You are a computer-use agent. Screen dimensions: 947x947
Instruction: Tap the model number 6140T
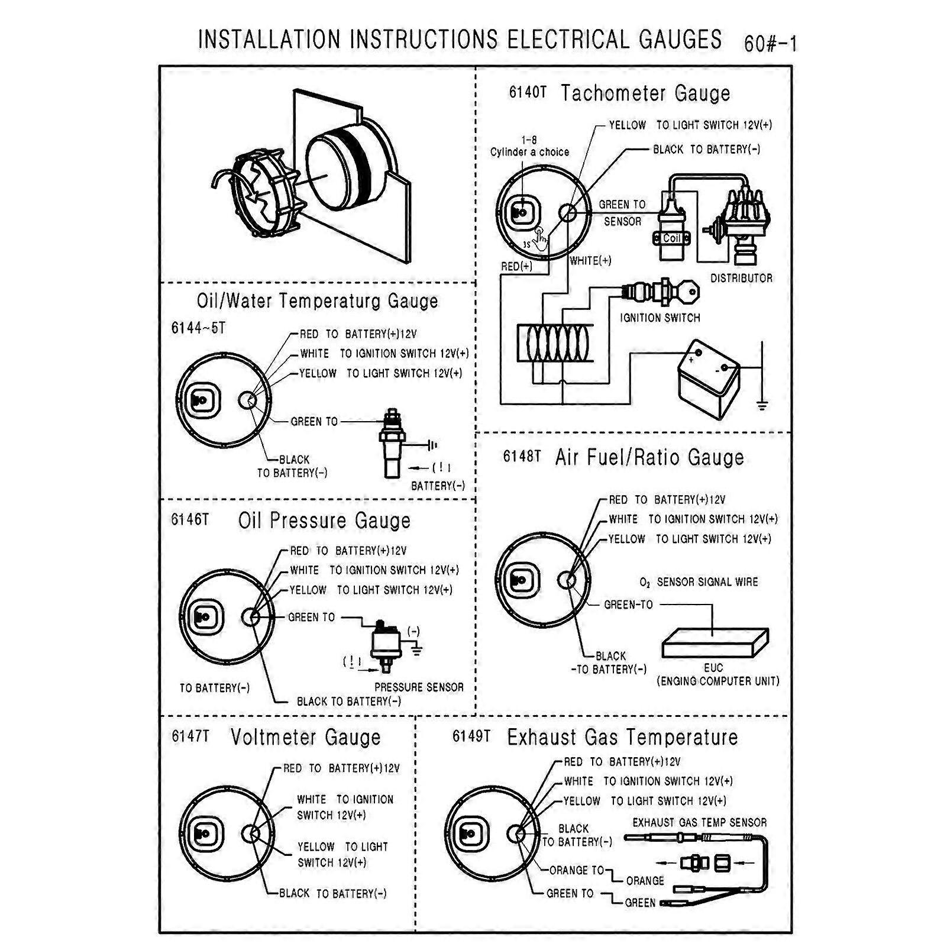527,93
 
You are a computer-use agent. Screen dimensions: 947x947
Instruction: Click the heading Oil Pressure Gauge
324,521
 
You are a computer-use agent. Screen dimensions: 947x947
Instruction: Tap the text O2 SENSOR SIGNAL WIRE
699,582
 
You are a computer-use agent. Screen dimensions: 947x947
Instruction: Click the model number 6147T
190,736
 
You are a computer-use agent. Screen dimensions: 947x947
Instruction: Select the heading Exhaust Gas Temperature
622,737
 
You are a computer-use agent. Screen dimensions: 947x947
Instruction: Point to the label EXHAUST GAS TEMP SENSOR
699,822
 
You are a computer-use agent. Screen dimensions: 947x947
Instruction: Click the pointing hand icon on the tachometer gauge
541,238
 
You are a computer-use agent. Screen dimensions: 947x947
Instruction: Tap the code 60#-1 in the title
770,44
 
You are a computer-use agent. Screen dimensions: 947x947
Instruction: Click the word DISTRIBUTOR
741,278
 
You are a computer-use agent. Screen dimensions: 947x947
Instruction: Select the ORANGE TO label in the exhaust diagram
576,870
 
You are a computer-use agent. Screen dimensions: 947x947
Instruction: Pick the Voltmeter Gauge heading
305,737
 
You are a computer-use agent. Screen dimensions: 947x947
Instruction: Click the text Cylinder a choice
529,152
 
